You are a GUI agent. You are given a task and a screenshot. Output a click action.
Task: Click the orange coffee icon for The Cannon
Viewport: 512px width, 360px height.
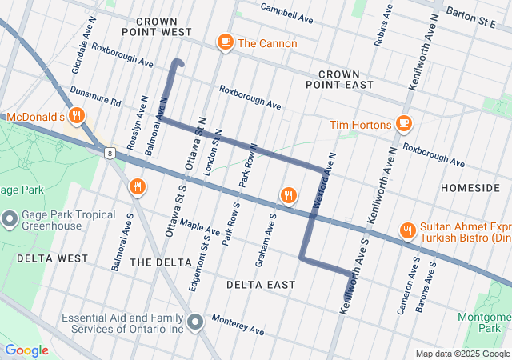pos(225,43)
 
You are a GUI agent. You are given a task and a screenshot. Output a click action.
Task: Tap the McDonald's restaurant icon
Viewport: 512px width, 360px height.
pos(78,116)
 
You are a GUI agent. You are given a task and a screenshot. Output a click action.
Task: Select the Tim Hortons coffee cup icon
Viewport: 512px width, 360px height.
pos(403,124)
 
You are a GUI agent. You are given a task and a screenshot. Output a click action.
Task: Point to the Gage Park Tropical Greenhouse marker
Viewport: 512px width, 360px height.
pos(10,218)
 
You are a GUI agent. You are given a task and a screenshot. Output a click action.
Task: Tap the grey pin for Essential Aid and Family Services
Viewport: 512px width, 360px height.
pos(196,322)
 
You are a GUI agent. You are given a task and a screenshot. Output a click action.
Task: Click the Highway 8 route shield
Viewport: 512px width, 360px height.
pos(109,151)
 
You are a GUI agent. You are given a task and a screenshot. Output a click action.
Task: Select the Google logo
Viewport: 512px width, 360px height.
pos(26,350)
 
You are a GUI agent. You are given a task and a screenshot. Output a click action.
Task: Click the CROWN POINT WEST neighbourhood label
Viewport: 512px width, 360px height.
pos(157,26)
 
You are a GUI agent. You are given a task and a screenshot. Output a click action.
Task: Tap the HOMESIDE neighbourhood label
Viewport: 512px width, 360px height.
pos(470,187)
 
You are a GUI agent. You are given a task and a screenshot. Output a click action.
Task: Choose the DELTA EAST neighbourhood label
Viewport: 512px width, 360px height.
pos(260,285)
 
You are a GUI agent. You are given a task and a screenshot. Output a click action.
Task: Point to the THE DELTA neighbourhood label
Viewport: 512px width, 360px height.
pos(160,262)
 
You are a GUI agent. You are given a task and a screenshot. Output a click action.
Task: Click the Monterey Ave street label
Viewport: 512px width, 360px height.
pos(238,325)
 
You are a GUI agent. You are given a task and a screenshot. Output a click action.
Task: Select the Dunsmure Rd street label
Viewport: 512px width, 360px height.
pos(95,97)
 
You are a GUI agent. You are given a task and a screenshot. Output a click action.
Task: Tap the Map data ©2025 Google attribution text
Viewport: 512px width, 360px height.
pos(462,354)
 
